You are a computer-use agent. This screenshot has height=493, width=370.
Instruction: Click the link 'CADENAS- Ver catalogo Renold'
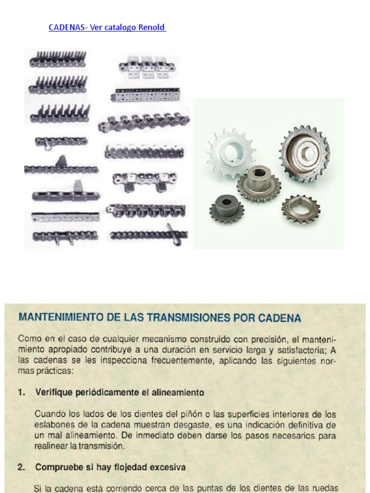107,27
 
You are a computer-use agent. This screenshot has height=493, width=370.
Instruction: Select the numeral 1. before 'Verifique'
22,392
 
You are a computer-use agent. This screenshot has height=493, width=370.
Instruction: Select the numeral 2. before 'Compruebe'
22,467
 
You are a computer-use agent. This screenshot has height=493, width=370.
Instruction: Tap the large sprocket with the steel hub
304,153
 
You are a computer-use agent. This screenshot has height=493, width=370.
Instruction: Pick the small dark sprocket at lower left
226,208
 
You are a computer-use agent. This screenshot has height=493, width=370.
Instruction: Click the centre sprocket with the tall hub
259,182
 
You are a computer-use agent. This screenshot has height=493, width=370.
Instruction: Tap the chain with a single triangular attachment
61,167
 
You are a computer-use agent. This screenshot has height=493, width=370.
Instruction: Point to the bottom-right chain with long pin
149,235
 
